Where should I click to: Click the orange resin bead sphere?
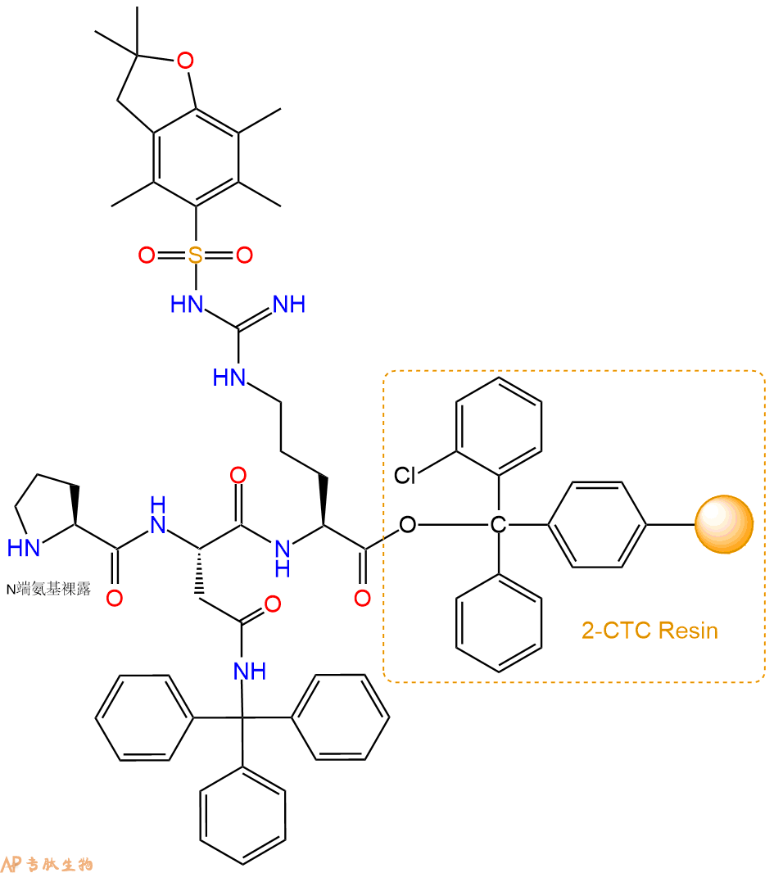[724, 524]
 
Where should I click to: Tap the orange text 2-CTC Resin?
[650, 631]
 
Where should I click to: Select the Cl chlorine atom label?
[405, 476]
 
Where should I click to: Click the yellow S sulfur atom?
[196, 255]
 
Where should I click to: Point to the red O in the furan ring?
[185, 60]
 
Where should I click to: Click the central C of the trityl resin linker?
[498, 524]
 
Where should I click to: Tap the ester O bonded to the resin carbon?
[408, 524]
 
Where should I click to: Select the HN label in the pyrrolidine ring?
[24, 548]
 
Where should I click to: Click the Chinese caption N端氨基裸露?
[48, 589]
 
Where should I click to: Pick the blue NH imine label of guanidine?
[290, 305]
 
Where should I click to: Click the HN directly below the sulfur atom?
[187, 305]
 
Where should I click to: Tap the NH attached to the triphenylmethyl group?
[250, 672]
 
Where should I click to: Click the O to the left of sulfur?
[147, 255]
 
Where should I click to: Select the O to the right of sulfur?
[244, 255]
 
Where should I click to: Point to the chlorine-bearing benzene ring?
[499, 427]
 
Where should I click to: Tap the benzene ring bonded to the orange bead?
[597, 524]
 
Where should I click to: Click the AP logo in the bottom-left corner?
[11, 863]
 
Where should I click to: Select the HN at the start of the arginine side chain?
[229, 378]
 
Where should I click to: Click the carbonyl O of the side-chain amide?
[272, 604]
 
